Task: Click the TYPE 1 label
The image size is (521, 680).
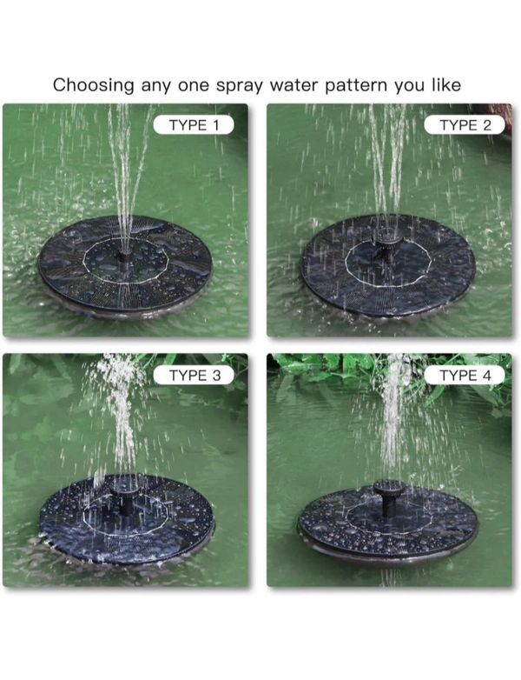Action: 194,125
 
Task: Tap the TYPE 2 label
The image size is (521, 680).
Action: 465,125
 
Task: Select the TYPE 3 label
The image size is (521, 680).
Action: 194,375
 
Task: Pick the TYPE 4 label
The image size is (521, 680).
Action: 465,375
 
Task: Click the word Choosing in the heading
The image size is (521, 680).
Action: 94,85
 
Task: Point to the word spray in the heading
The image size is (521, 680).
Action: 240,86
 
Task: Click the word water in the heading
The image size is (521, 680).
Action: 293,85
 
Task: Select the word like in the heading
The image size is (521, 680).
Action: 446,84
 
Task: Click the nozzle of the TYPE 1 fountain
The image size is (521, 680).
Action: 125,256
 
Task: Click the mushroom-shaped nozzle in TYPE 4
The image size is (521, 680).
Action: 389,497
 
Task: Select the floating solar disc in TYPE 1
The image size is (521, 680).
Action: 125,267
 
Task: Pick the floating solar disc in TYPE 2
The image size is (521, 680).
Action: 388,265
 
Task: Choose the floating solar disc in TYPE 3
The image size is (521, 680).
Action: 127,519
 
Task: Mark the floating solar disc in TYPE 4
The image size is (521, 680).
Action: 388,523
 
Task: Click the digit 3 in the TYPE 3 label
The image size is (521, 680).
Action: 216,376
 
